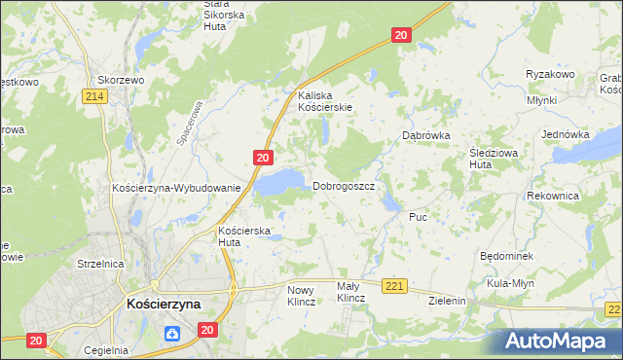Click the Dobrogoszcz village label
[344, 186]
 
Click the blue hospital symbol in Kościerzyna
[172, 335]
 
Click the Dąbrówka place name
[425, 136]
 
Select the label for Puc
[419, 217]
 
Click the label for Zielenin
[448, 302]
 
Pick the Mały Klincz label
[350, 293]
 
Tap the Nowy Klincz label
[301, 296]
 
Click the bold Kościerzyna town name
[164, 304]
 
